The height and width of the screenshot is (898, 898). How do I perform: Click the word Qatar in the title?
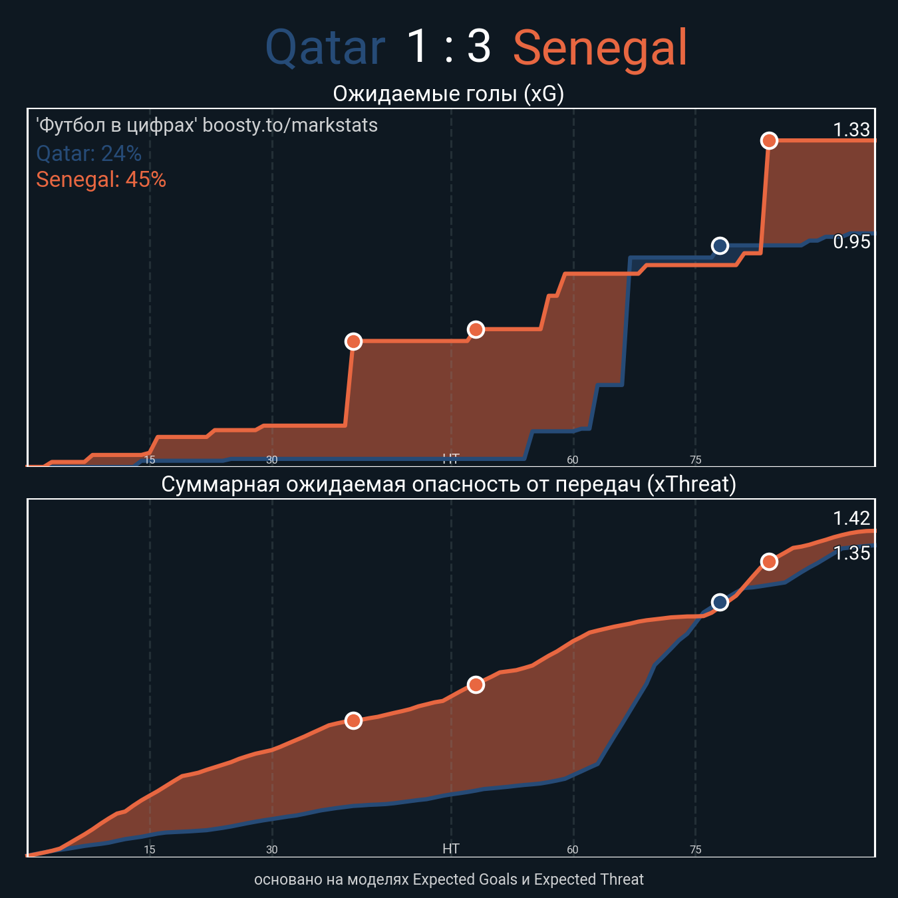click(x=325, y=48)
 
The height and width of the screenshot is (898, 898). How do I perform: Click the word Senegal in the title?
click(x=600, y=48)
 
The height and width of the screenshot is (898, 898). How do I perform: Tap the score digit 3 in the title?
click(x=479, y=47)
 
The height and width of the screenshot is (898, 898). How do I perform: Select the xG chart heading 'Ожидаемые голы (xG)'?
click(x=448, y=94)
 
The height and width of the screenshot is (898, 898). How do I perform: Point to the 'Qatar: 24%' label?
click(x=88, y=154)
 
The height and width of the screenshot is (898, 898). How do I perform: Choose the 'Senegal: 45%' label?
click(x=101, y=180)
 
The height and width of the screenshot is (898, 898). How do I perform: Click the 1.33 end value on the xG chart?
click(x=851, y=130)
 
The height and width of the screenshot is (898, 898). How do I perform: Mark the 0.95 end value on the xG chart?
click(x=851, y=242)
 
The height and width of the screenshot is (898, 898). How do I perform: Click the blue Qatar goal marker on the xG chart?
click(x=720, y=246)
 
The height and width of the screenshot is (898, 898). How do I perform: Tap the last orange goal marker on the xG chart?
click(x=769, y=140)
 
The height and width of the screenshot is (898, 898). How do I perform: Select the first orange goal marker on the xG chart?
click(x=353, y=341)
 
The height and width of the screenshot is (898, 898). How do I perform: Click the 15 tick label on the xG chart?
click(x=150, y=460)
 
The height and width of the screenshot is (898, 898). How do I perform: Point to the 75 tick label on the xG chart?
click(x=695, y=460)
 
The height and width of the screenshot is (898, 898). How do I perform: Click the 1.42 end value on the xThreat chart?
click(x=851, y=518)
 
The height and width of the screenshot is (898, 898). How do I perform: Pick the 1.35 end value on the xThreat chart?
click(x=851, y=553)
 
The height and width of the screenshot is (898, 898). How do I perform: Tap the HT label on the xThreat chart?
click(x=451, y=849)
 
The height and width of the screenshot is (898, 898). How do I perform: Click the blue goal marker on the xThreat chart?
click(x=720, y=602)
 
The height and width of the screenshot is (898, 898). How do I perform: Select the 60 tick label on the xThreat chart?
click(x=573, y=849)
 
